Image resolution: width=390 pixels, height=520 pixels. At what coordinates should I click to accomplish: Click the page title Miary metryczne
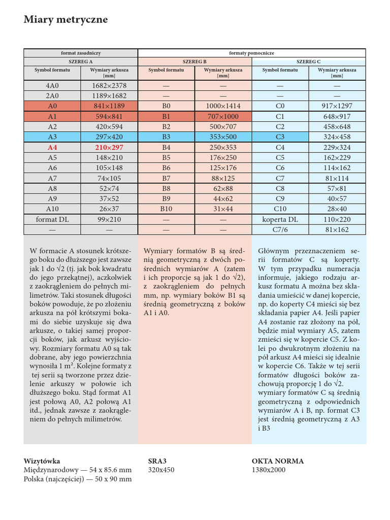click(66, 20)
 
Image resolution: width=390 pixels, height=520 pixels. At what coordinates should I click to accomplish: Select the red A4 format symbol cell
click(52, 147)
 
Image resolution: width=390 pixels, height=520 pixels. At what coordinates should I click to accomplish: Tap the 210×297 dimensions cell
click(109, 147)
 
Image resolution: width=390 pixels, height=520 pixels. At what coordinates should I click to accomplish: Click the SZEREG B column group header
click(194, 61)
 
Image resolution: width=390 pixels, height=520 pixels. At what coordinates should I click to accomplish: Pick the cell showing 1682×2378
click(109, 86)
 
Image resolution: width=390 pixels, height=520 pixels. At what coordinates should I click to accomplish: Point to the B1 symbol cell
click(166, 116)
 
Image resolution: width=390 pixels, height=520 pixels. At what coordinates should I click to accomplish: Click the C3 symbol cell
click(280, 137)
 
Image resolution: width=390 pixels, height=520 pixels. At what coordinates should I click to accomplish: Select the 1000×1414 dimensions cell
click(223, 106)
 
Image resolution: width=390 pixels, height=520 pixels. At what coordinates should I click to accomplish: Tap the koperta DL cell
click(280, 219)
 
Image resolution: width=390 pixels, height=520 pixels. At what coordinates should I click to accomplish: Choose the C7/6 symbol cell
click(280, 230)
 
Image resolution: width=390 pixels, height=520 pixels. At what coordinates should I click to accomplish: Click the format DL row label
click(52, 219)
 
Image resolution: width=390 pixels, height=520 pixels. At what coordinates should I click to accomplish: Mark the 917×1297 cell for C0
click(337, 106)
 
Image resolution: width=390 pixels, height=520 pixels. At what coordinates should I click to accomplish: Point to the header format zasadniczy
click(81, 53)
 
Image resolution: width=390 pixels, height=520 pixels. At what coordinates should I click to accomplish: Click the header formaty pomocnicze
click(251, 53)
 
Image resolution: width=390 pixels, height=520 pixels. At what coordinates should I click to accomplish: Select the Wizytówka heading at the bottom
click(42, 461)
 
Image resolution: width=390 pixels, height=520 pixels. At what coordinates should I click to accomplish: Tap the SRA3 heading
click(157, 461)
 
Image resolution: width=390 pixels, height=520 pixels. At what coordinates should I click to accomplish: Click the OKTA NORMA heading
click(277, 461)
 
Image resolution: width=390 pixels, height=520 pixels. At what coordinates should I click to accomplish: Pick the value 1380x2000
click(269, 470)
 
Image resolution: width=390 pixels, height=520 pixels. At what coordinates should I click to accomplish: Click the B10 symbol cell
click(166, 209)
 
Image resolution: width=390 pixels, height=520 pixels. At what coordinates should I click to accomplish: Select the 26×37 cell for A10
click(109, 209)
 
